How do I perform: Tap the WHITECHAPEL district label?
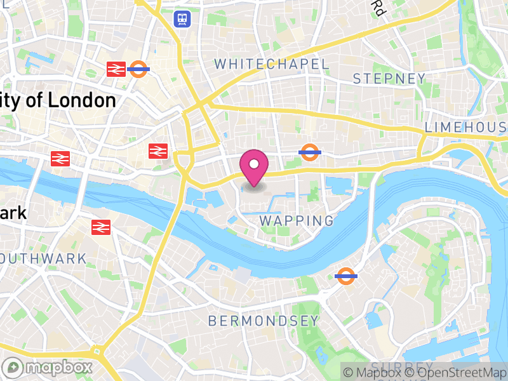pyautogui.click(x=272, y=64)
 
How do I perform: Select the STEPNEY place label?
pyautogui.click(x=389, y=79)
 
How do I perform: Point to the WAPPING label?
pyautogui.click(x=297, y=221)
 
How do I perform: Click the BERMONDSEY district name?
pyautogui.click(x=264, y=321)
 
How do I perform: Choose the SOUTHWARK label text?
pyautogui.click(x=43, y=258)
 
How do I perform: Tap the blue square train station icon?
pyautogui.click(x=183, y=18)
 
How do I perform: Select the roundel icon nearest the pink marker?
pyautogui.click(x=309, y=152)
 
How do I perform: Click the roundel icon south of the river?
pyautogui.click(x=345, y=276)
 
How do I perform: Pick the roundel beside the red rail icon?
pyautogui.click(x=138, y=69)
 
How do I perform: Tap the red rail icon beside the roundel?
pyautogui.click(x=116, y=69)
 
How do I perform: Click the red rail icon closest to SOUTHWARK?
pyautogui.click(x=101, y=227)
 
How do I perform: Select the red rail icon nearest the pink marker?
pyautogui.click(x=157, y=151)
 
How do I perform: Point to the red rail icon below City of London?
pyautogui.click(x=60, y=159)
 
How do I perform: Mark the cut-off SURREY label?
pyautogui.click(x=394, y=366)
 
